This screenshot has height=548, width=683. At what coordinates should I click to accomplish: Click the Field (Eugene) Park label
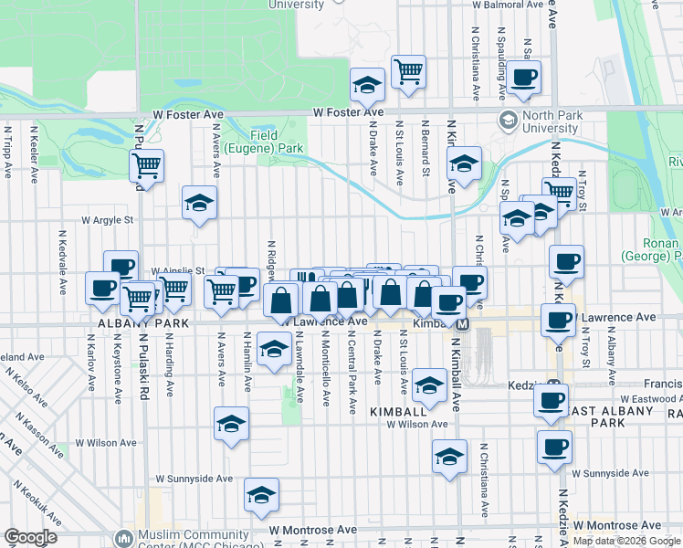[277, 141]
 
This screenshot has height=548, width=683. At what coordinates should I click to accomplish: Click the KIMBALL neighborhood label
[399, 413]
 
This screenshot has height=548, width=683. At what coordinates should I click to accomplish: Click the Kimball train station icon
[462, 324]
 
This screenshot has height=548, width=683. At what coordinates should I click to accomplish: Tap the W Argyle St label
[108, 220]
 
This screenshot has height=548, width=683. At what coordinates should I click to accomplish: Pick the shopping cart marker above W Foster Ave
[408, 71]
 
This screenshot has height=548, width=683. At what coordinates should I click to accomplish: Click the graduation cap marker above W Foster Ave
[367, 86]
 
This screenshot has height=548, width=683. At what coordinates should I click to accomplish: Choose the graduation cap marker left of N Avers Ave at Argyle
[199, 203]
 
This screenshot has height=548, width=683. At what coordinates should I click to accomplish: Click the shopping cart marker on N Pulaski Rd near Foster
[146, 165]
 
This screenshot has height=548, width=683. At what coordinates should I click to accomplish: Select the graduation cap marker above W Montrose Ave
[261, 494]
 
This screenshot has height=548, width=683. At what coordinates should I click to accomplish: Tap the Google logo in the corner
[30, 537]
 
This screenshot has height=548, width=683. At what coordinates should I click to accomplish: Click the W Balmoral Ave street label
[517, 5]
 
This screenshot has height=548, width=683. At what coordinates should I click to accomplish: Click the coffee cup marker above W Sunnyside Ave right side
[553, 448]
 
